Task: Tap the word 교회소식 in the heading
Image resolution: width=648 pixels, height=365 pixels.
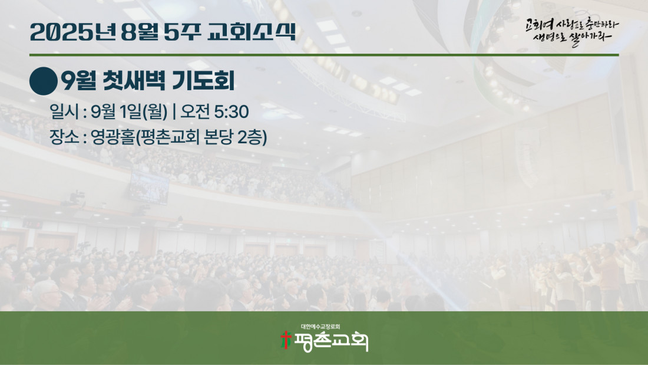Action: [252, 32]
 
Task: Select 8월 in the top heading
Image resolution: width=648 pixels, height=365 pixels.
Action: [140, 32]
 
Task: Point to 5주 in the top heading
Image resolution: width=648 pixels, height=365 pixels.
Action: [182, 32]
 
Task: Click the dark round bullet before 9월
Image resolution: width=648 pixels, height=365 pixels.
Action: [44, 81]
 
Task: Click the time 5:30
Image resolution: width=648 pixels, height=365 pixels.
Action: [232, 111]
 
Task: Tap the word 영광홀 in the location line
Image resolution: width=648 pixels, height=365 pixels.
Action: [113, 137]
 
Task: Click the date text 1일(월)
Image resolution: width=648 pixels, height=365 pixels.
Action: [143, 111]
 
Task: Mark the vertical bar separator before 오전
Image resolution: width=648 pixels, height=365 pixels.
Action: [174, 111]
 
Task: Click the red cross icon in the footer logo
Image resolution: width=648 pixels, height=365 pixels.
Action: [286, 340]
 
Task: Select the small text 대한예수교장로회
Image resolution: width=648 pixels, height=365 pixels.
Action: [320, 327]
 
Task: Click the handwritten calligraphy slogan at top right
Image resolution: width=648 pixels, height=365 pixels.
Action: [572, 32]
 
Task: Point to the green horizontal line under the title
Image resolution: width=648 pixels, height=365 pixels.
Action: [324, 55]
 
